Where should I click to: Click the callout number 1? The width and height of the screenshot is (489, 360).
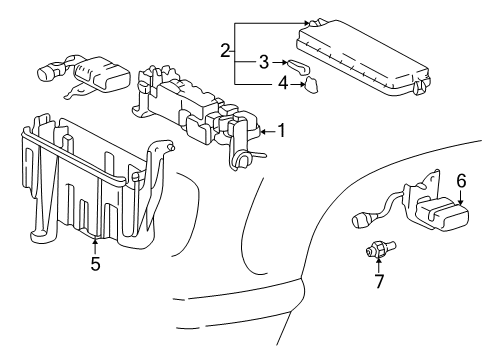click(x=281, y=129)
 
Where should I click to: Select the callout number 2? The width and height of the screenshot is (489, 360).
click(x=226, y=50)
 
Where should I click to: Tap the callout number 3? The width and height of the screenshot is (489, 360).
click(x=263, y=63)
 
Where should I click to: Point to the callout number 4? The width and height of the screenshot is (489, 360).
click(x=283, y=85)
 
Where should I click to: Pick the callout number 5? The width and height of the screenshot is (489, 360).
click(x=95, y=265)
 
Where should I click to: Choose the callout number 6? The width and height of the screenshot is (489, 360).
click(x=461, y=181)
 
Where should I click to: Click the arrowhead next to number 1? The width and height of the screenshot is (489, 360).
click(x=263, y=130)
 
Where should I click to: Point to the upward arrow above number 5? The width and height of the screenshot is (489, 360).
click(x=94, y=246)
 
